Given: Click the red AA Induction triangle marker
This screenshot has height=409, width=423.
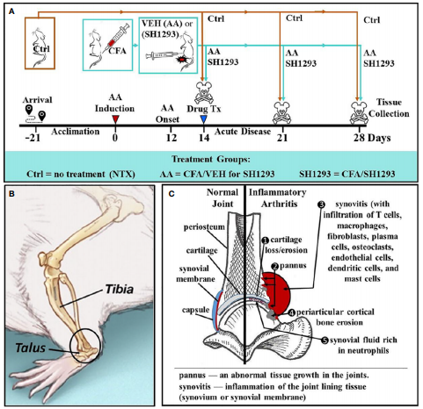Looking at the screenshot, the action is tap(115, 119).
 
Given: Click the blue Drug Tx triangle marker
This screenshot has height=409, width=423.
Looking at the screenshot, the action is tap(203, 119).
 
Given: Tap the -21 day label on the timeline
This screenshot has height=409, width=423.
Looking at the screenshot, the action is tap(33, 138).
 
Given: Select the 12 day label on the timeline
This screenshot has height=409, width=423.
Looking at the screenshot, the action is tap(171, 138).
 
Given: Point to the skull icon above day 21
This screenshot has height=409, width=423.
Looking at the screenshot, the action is tap(281, 112).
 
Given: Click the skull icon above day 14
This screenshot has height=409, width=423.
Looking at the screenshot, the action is tap(204, 93).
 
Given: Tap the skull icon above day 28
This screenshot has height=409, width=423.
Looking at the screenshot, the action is tap(359, 112).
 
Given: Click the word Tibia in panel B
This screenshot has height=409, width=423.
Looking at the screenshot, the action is tap(120, 290).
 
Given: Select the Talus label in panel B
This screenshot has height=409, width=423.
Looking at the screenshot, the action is tap(31, 348).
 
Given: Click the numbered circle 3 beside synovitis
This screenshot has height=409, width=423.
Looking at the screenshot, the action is tap(322, 204).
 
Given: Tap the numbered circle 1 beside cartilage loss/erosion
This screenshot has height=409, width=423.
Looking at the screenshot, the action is tap(266, 240).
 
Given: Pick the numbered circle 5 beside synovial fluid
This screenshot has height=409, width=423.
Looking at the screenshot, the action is tap(325, 341).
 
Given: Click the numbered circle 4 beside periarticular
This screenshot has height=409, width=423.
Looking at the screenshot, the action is tap(292, 312).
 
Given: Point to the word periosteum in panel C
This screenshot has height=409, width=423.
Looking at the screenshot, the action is tap(204, 227).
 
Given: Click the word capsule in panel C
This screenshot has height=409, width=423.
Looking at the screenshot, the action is tap(195, 310).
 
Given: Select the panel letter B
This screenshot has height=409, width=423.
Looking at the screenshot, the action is tap(11, 193).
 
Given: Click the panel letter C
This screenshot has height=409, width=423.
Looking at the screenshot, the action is tap(171, 194).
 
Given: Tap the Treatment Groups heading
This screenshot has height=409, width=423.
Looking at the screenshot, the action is tap(211, 159).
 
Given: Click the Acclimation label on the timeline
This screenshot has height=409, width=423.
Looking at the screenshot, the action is tap(76, 132).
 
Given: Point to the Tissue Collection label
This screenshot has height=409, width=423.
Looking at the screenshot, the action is tap(389, 108).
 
